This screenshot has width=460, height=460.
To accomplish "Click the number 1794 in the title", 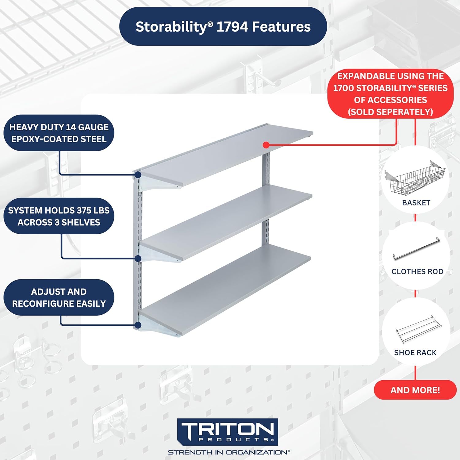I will (x=232, y=27).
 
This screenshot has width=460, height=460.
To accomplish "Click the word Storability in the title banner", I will (x=172, y=27).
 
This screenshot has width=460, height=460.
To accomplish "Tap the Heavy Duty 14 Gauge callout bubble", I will (x=59, y=133).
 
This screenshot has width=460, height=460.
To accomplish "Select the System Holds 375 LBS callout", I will (x=59, y=216).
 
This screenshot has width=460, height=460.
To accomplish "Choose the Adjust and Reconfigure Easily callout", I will (x=59, y=297).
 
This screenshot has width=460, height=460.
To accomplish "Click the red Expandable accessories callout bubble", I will (x=390, y=94).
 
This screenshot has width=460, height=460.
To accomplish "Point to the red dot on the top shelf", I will (x=266, y=145).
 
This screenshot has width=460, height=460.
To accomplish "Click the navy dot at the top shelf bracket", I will (x=138, y=175).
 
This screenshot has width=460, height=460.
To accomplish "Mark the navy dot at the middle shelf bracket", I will (x=138, y=259).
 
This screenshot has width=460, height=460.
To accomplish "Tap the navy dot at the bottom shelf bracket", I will (x=138, y=325).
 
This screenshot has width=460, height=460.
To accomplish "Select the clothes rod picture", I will (x=416, y=249).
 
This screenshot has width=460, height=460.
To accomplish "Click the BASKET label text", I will (x=416, y=203).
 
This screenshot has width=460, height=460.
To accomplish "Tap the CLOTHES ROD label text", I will (x=417, y=271).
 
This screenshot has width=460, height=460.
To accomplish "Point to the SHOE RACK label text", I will (x=415, y=353).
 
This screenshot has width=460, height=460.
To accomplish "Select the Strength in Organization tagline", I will (x=228, y=452).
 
